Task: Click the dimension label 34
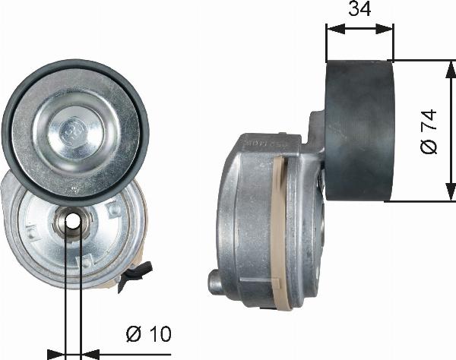359,10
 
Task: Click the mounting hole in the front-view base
72,221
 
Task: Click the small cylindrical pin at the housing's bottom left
215,282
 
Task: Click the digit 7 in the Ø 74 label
428,123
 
